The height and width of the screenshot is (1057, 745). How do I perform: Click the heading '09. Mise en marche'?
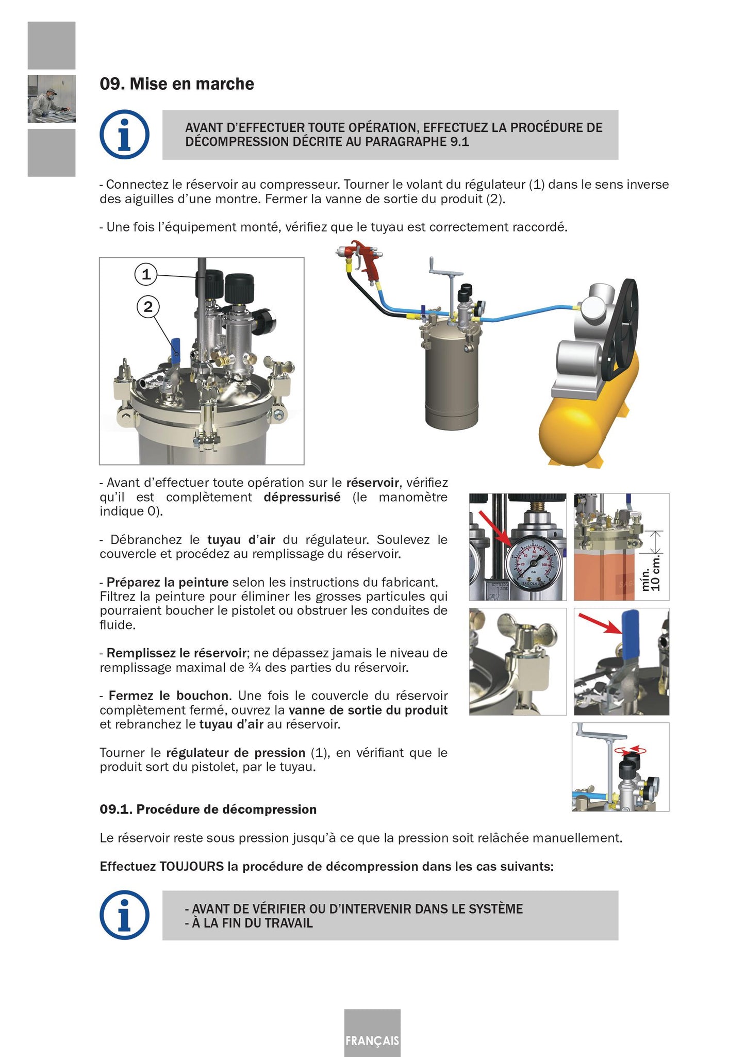tap(176, 84)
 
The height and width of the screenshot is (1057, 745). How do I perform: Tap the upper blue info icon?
tap(124, 135)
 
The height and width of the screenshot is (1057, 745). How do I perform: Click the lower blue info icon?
tap(124, 915)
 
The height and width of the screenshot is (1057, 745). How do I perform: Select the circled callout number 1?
tap(146, 274)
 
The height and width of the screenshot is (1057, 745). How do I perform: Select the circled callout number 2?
tap(148, 307)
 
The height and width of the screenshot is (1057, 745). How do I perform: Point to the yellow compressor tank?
tap(588, 412)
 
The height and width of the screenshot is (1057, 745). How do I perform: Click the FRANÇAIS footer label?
tap(372, 1041)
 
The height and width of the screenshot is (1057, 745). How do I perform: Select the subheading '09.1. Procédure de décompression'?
tap(208, 809)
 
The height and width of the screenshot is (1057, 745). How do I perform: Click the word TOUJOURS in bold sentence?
tap(191, 866)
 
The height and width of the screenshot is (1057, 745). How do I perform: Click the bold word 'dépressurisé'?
tap(302, 497)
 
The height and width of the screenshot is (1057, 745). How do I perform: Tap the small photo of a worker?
tap(52, 99)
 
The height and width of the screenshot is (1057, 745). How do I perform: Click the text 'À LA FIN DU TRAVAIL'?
tap(252, 923)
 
